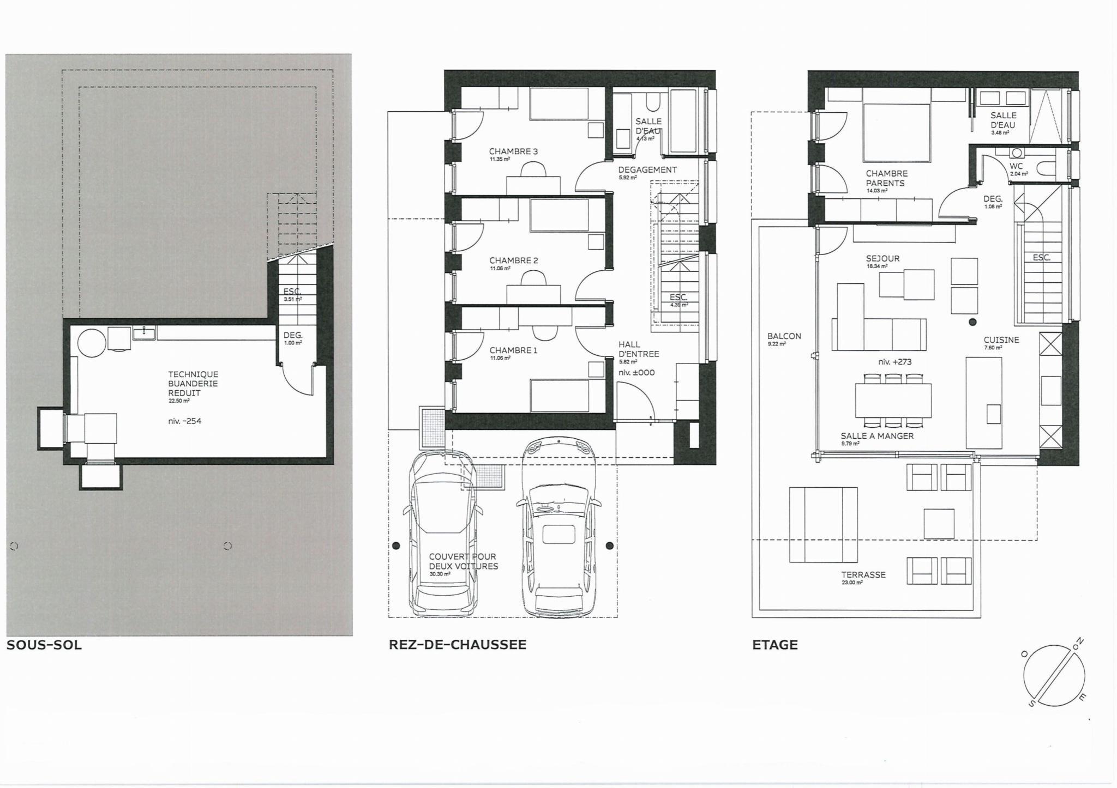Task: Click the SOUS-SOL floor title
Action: [44, 646]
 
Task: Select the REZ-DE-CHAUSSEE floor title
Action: [457, 645]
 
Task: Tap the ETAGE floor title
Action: [774, 645]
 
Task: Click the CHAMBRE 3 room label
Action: [513, 151]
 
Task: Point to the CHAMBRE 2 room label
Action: [513, 260]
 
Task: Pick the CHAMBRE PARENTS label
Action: [886, 178]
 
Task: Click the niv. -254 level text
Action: [185, 421]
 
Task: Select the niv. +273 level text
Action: [894, 362]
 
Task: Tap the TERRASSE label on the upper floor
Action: [863, 575]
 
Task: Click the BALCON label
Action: [784, 336]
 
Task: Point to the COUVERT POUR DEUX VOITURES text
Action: [463, 561]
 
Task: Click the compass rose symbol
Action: [1054, 676]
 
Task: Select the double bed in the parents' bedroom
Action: [896, 132]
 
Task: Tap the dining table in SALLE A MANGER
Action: [893, 401]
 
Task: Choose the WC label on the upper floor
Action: [1016, 166]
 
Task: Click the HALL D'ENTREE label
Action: [638, 349]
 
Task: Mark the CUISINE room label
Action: [1001, 340]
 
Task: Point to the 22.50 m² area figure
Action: [179, 401]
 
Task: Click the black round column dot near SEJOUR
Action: [972, 322]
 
